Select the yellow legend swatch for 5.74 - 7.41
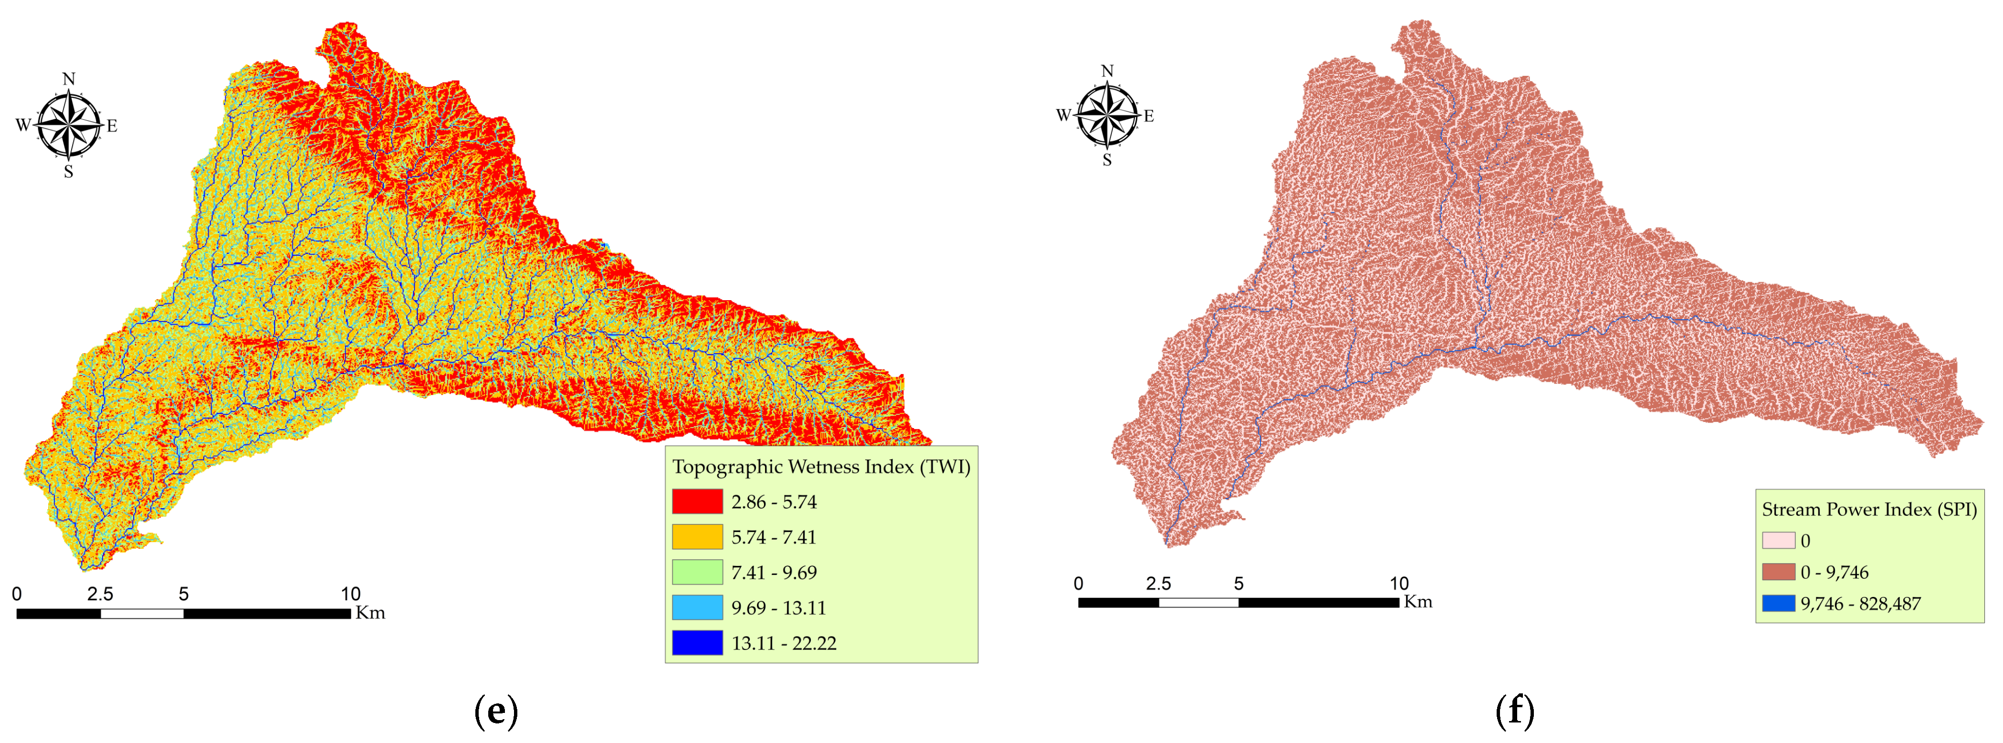[697, 537]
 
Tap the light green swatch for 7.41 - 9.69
[697, 573]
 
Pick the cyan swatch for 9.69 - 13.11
[697, 608]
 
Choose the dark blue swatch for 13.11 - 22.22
[697, 643]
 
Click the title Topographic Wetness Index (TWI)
[821, 466]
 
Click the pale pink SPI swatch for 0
[1778, 540]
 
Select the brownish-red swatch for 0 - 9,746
[1778, 572]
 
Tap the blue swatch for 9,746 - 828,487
[1778, 603]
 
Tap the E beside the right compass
[1148, 116]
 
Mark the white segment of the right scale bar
[1198, 602]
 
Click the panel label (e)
[496, 711]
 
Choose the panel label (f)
[1515, 711]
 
